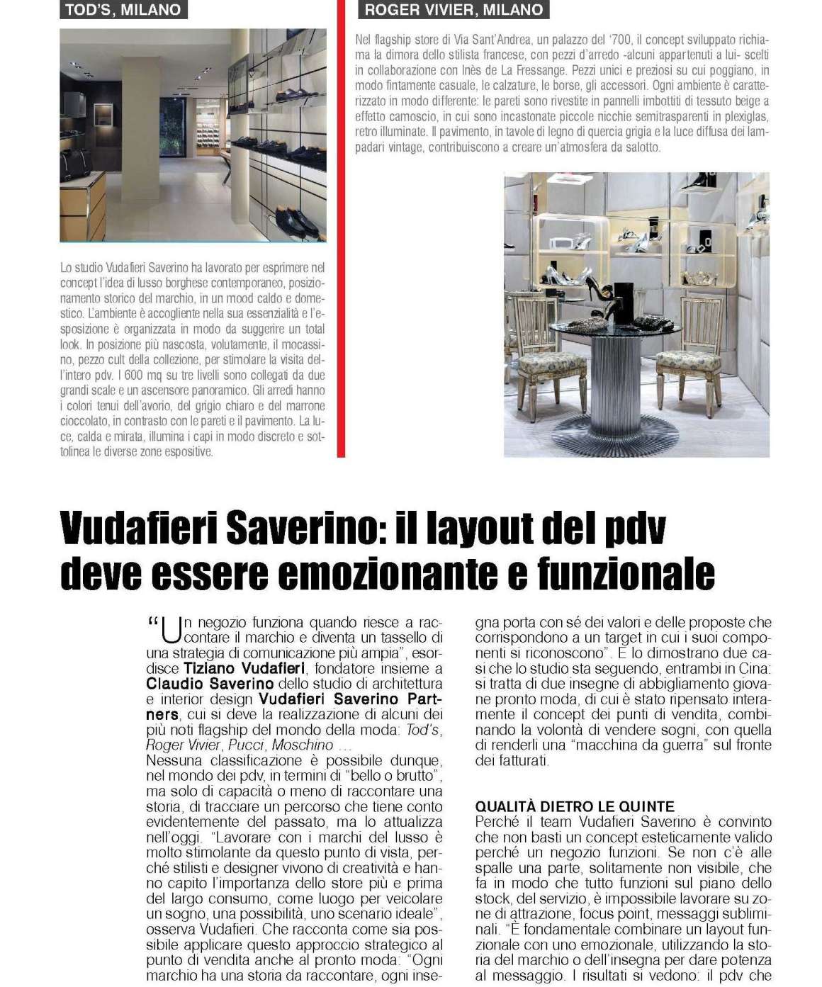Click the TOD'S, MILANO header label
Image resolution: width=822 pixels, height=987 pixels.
pyautogui.click(x=123, y=10)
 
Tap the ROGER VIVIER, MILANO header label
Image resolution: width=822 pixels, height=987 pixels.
pyautogui.click(x=454, y=10)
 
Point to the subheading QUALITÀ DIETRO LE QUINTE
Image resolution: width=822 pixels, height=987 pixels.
pyautogui.click(x=575, y=806)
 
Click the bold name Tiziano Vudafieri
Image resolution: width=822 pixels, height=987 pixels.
pyautogui.click(x=244, y=668)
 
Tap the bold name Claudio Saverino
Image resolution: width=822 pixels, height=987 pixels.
pyautogui.click(x=210, y=684)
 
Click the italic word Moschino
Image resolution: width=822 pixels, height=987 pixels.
pyautogui.click(x=302, y=745)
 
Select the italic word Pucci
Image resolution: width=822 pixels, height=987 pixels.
pyautogui.click(x=249, y=745)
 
